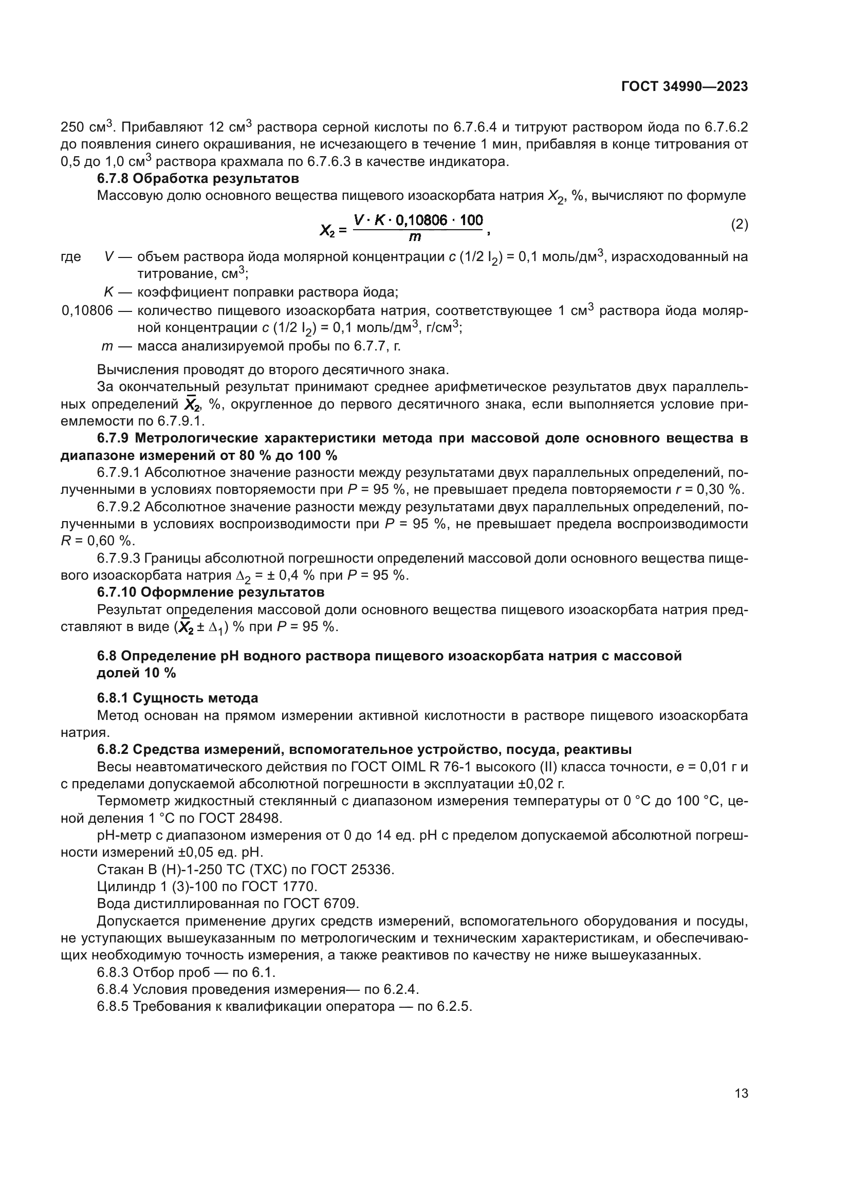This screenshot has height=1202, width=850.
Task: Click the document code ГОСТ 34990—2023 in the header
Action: click(x=684, y=87)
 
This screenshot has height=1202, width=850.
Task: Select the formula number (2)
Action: click(x=739, y=225)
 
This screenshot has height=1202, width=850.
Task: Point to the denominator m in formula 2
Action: click(x=415, y=237)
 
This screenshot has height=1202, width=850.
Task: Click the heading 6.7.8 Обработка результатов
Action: click(x=198, y=178)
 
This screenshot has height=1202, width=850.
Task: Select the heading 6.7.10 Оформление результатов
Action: click(x=210, y=592)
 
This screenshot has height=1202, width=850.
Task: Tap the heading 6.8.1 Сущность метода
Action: click(x=177, y=698)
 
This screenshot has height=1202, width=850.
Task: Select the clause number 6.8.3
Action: click(x=113, y=972)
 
